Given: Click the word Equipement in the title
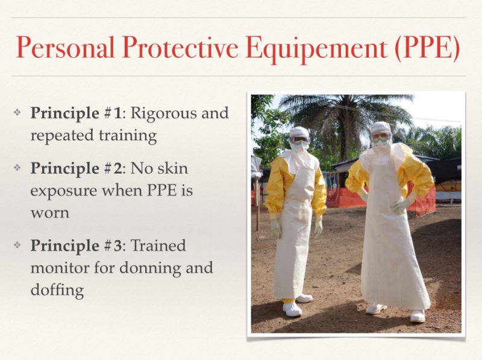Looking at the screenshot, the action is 317,49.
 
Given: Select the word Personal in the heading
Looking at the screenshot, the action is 65,47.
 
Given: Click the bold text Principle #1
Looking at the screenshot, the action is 77,114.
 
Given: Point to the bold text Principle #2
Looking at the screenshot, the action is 77,169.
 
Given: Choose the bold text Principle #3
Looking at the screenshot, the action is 77,246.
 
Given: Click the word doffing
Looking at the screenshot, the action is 57,290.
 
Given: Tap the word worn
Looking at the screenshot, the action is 50,213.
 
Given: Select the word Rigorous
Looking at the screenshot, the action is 164,114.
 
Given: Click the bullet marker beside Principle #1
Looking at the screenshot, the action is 17,112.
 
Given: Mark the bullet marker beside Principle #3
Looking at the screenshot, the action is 17,244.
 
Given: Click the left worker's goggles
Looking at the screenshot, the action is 299,140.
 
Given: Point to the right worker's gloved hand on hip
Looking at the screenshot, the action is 400,206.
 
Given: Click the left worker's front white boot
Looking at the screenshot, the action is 292,309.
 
